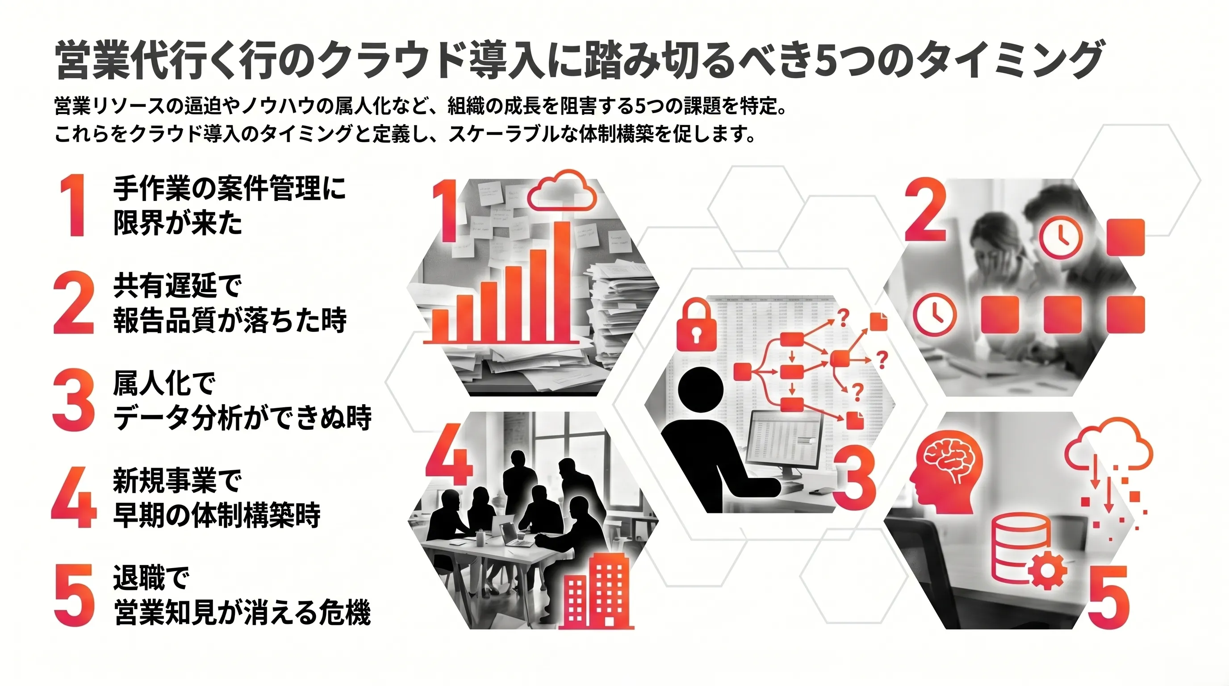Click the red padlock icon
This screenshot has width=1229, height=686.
(x=697, y=324)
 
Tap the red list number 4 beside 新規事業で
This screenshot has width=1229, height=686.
(x=74, y=497)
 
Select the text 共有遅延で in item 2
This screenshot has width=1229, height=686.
(x=177, y=286)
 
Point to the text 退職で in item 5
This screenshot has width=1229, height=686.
(x=151, y=578)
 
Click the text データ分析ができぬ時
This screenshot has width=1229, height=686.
(x=242, y=418)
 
